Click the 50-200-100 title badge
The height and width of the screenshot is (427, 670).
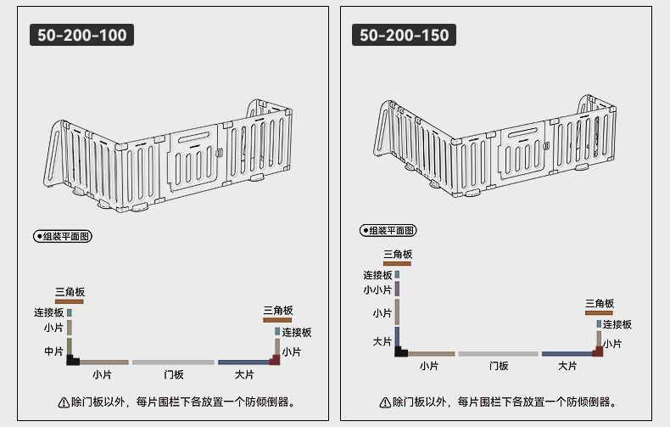(81, 35)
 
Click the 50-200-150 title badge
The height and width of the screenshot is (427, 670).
(404, 35)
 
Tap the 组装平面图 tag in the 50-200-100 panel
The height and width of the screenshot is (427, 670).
(63, 236)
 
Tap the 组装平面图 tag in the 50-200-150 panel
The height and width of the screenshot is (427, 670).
(388, 231)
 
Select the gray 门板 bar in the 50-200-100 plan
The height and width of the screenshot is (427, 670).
(173, 362)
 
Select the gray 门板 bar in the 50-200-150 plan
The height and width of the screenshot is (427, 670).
(498, 354)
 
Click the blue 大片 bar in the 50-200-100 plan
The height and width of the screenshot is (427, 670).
(243, 362)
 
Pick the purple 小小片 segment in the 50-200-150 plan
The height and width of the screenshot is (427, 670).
(398, 289)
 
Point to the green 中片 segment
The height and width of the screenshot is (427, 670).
(70, 346)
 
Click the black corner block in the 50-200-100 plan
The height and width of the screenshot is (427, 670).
(72, 361)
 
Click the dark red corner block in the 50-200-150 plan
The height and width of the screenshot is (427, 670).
(598, 351)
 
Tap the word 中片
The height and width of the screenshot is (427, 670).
(53, 351)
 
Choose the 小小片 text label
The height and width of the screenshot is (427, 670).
(377, 290)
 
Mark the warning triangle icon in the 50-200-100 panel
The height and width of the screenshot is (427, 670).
(64, 402)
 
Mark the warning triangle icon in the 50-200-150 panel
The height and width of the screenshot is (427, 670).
(385, 402)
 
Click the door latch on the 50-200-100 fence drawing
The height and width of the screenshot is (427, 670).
(220, 152)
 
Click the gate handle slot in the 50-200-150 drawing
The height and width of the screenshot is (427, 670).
(522, 132)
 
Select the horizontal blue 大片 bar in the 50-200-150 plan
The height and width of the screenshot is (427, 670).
(567, 354)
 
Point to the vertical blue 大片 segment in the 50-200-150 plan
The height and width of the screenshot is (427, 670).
(398, 337)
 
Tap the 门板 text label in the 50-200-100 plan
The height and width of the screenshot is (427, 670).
(174, 375)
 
